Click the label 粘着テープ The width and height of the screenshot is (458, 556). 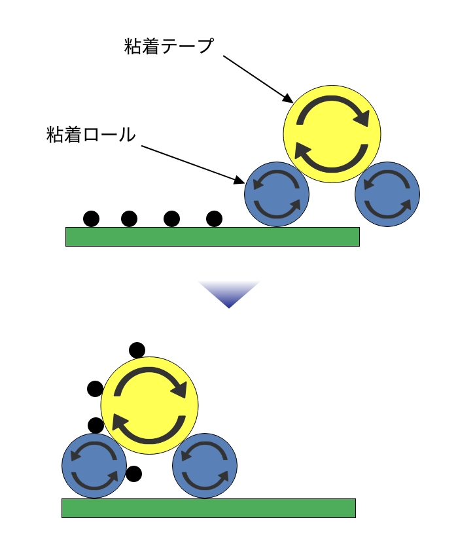tap(169, 46)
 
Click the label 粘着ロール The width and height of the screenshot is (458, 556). tap(91, 135)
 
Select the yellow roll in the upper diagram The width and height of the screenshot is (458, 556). tap(332, 134)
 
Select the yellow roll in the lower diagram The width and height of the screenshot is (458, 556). tap(149, 406)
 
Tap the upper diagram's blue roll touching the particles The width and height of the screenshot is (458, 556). tap(276, 194)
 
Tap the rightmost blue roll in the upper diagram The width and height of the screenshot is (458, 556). tap(387, 194)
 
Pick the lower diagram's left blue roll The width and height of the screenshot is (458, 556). tap(94, 466)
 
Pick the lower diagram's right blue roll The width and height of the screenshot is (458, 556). tap(205, 466)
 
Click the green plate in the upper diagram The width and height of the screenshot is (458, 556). tap(213, 236)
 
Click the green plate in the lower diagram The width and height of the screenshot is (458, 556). tap(208, 508)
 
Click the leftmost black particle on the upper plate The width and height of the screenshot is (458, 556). tap(91, 218)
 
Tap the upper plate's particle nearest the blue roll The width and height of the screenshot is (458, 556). tap(214, 218)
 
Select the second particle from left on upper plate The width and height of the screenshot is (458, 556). tap(130, 218)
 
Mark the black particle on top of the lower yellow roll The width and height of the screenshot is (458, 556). tap(137, 350)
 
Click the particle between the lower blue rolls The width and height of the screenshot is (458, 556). tap(133, 474)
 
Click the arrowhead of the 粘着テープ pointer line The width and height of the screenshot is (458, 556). tap(290, 100)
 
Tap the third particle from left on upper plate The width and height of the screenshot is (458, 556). tap(171, 218)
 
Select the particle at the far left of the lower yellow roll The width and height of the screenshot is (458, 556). tap(95, 389)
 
